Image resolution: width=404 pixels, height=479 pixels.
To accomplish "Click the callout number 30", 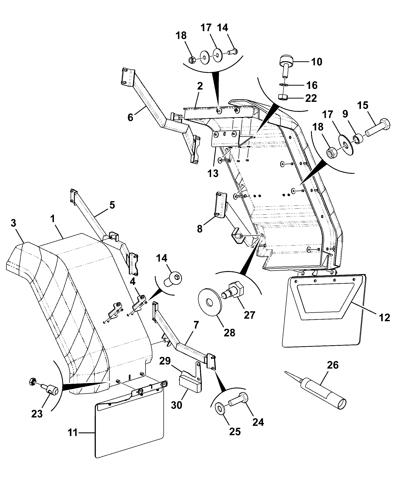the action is tap(176, 405).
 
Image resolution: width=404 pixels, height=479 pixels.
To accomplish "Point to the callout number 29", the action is tap(165, 361).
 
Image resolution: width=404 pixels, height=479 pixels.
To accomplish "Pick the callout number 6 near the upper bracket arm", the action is tap(130, 118).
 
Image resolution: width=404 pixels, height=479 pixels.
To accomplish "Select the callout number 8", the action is tap(200, 229).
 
